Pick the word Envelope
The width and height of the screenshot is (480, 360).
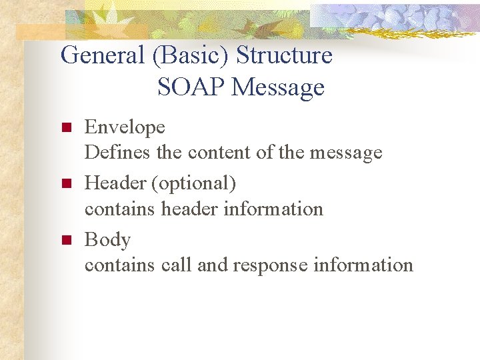point(125,127)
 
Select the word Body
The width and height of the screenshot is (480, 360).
point(107,239)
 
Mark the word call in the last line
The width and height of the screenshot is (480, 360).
point(177,265)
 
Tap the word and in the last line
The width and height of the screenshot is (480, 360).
point(213,265)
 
